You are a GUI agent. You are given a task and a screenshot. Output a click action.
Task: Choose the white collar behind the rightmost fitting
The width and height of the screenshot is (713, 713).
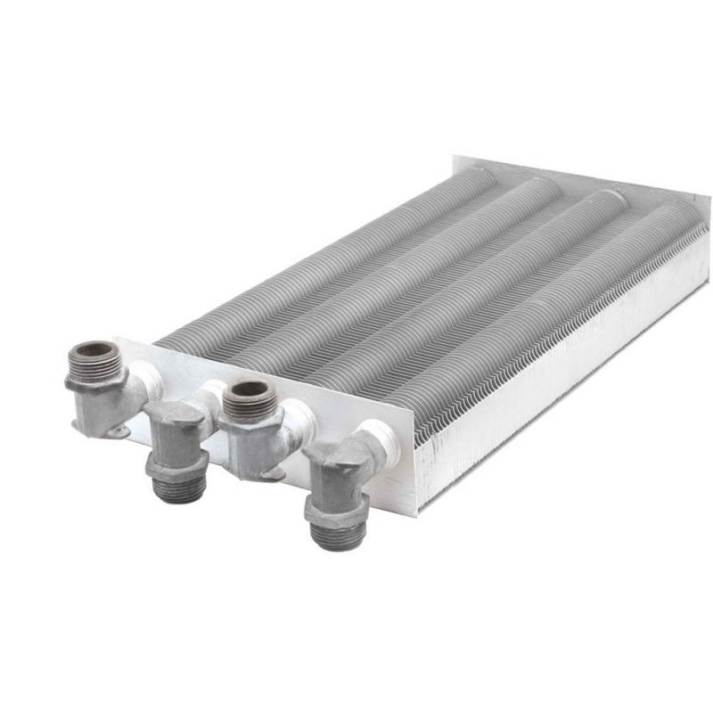381,439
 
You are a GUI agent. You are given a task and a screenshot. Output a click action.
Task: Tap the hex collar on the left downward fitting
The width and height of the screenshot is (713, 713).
178,465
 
